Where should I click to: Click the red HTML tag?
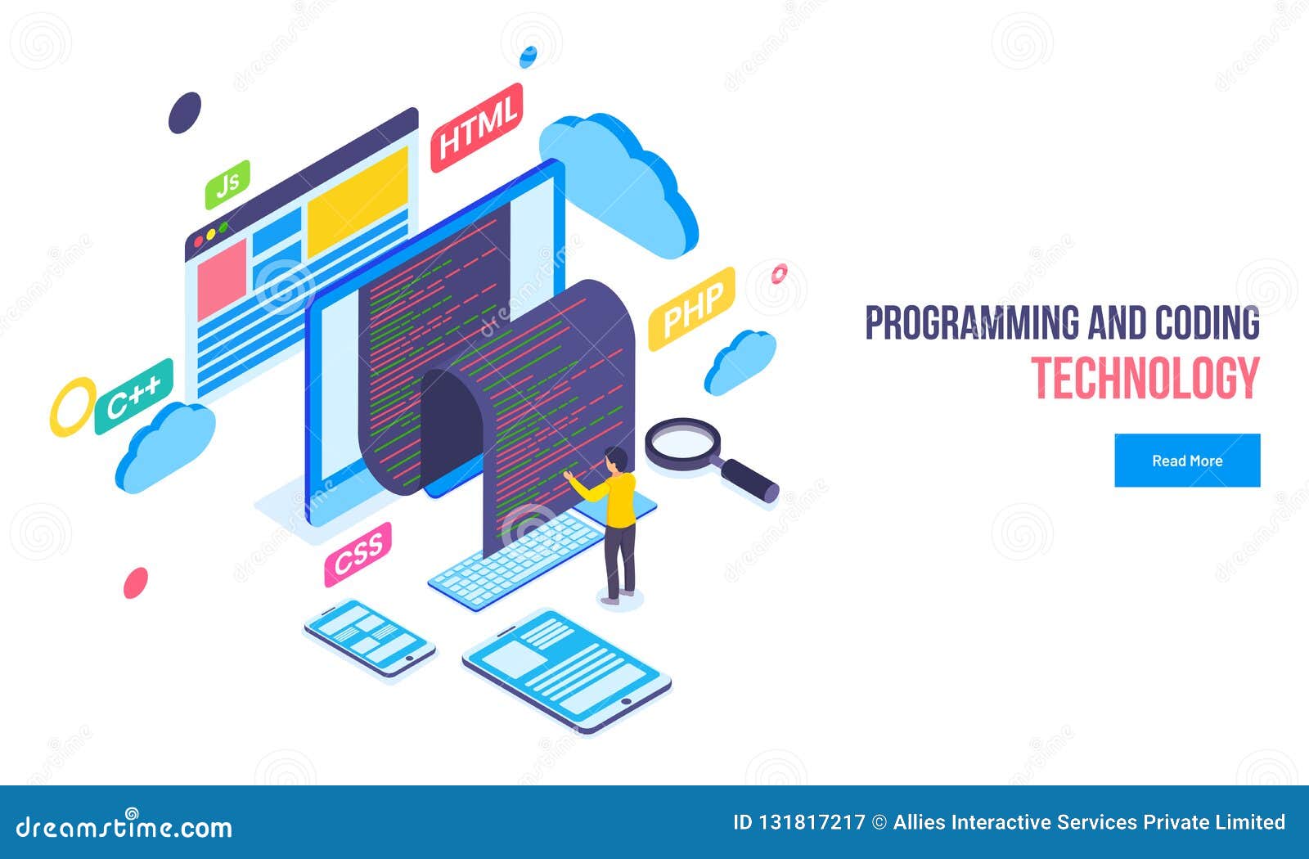point(477,127)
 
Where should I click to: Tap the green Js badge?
point(227,184)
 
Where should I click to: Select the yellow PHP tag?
point(691,308)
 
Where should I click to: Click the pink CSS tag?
point(358,554)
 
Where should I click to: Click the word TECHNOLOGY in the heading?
point(1145,378)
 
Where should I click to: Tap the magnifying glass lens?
point(681,443)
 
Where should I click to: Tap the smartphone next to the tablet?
point(370,637)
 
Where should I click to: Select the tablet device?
point(566,668)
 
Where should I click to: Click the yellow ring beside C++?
point(72,406)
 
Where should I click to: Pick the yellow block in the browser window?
point(358,200)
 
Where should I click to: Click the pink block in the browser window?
point(222,279)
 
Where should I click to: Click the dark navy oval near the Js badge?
point(185,113)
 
